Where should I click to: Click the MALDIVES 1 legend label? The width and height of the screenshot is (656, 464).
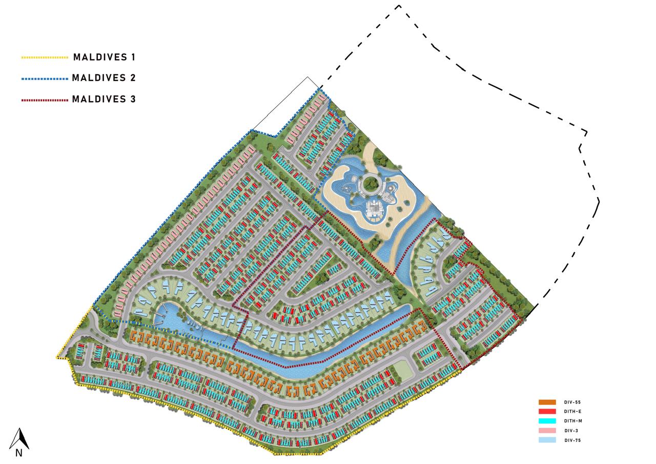(104, 57)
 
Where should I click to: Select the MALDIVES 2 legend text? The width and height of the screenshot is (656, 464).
(104, 78)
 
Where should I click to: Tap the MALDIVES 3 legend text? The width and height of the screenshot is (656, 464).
(104, 99)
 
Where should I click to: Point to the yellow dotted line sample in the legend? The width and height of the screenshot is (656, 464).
(45, 57)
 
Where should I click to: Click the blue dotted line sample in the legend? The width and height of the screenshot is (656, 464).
(45, 79)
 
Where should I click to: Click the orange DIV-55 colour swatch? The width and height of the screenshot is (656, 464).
(547, 402)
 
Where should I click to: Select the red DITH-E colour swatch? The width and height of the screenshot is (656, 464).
(547, 411)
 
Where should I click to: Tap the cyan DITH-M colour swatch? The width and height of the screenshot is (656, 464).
(547, 421)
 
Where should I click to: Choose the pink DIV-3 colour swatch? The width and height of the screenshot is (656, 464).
(547, 431)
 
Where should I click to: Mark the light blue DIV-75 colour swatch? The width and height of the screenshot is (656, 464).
(547, 440)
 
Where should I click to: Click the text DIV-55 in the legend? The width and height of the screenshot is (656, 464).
(572, 402)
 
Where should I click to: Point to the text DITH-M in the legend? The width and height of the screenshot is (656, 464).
(572, 421)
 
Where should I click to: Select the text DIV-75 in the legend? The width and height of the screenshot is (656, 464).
(572, 440)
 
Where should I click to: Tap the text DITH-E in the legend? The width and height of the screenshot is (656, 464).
(572, 412)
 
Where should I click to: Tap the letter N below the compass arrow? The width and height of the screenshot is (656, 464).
(18, 453)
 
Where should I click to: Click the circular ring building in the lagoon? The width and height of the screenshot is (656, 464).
(372, 185)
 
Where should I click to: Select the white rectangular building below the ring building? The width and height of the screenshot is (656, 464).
(376, 209)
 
